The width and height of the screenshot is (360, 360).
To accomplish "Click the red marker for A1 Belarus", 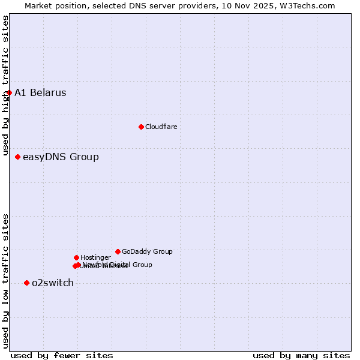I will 9,92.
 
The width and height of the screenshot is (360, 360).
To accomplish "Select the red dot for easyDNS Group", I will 17,157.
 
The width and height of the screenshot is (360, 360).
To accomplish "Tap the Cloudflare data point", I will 141,127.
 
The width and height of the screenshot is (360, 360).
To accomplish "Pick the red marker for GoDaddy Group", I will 118,251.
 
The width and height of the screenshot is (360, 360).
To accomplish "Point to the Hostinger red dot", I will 76,257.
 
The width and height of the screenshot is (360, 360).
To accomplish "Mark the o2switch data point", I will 26,283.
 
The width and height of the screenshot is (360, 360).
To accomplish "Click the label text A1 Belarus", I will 40,92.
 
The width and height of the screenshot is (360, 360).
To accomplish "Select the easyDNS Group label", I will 61,157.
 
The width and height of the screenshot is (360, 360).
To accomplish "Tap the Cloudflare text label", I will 161,127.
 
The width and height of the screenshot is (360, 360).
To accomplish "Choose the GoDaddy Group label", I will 147,251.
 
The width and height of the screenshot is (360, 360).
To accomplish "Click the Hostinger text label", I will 95,257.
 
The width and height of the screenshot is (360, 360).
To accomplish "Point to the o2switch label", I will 53,283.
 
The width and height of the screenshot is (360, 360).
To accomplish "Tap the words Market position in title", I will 52,5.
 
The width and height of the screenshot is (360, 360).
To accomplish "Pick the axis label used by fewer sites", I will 62,355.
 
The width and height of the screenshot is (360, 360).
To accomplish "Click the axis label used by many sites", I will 301,355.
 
